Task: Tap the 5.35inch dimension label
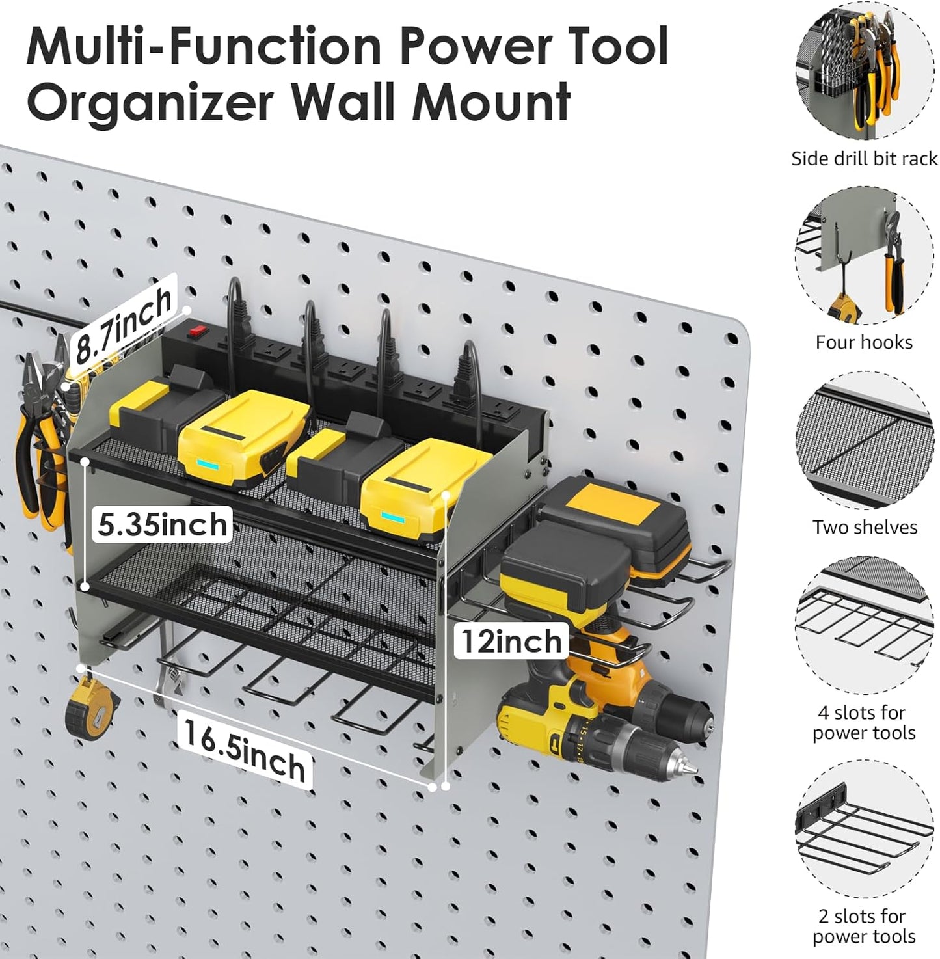coord(162,524)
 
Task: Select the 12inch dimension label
coord(511,642)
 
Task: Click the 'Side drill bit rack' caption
coord(864,159)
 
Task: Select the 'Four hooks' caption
coord(864,342)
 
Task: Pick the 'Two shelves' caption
coord(864,527)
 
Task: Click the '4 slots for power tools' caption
coord(864,722)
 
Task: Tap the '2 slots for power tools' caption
coord(864,926)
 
